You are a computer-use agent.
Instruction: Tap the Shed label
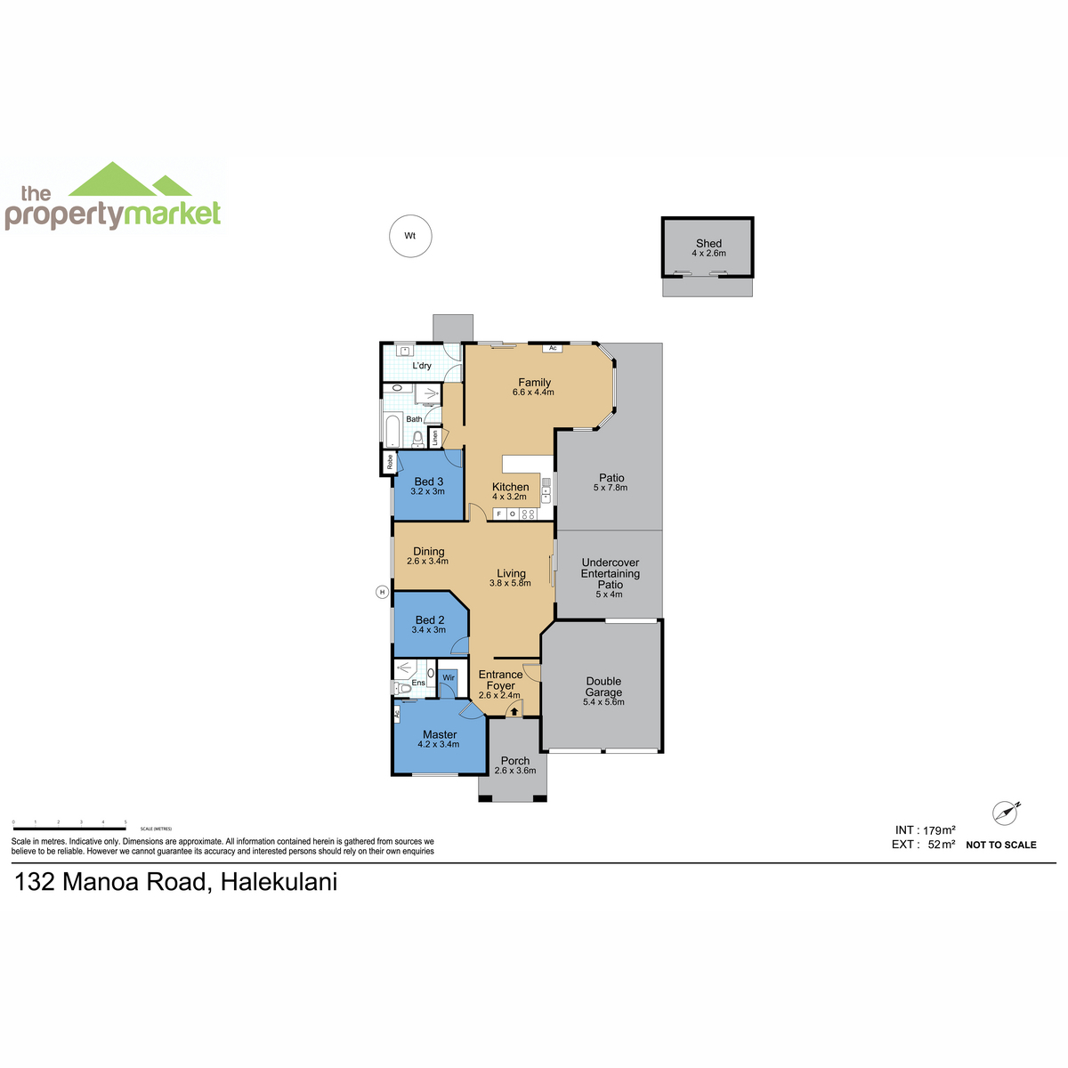coord(708,243)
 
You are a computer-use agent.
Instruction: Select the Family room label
coord(534,382)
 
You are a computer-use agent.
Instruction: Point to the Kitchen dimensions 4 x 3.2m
coord(509,497)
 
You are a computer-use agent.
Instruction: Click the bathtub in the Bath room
coord(392,430)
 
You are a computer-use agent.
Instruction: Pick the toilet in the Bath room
coord(418,439)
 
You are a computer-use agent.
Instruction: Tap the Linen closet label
coord(435,438)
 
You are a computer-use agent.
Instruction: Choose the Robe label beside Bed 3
coord(390,462)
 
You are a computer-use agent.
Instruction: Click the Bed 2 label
coord(430,619)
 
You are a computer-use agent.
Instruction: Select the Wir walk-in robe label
coord(448,677)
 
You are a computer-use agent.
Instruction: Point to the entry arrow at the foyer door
coord(514,711)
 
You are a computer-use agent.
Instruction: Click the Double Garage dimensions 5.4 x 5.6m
coord(603,701)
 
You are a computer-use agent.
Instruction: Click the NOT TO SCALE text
coord(1001,845)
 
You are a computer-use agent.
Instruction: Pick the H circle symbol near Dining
coord(382,592)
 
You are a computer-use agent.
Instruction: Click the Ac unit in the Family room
coord(552,348)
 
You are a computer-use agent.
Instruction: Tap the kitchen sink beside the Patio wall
coord(546,489)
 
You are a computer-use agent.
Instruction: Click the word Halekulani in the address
coord(279,882)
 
